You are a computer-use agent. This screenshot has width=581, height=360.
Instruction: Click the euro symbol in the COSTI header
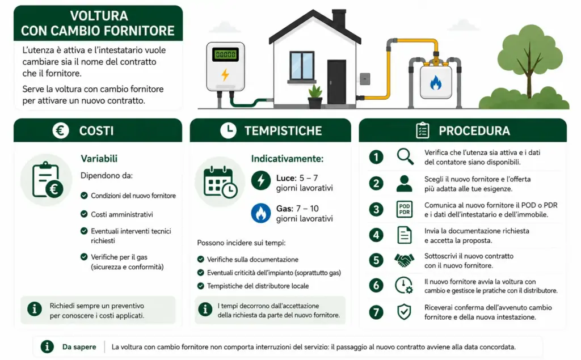(x=60, y=130)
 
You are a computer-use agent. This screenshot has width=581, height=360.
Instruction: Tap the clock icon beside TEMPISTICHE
(x=228, y=130)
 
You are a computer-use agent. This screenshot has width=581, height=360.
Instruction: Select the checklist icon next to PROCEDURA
(x=422, y=130)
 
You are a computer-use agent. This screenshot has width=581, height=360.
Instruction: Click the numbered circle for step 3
(x=376, y=209)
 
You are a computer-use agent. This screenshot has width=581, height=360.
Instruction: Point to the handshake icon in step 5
(x=404, y=260)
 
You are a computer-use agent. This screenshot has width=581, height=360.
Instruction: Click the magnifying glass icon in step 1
(x=405, y=156)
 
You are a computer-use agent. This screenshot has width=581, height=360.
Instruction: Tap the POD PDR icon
(x=404, y=209)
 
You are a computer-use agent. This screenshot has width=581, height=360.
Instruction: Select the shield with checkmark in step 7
(x=404, y=311)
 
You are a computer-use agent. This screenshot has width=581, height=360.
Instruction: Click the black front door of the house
(x=336, y=82)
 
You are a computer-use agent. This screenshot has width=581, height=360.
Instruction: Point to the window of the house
(x=302, y=67)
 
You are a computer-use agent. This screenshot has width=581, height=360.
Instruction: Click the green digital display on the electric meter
(x=225, y=54)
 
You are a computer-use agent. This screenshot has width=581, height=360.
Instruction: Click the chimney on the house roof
(x=339, y=19)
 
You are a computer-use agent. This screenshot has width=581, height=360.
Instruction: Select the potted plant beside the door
(x=315, y=97)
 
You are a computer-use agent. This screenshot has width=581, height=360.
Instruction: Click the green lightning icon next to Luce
(x=261, y=180)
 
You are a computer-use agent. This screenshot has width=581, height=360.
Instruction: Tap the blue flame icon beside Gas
(x=261, y=213)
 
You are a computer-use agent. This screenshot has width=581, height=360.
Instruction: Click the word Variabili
(x=99, y=159)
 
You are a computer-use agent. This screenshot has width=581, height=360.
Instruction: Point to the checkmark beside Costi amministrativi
(x=84, y=214)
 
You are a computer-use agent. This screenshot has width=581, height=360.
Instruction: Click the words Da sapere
(x=79, y=347)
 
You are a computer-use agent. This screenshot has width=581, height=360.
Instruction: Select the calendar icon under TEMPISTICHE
(x=220, y=182)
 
